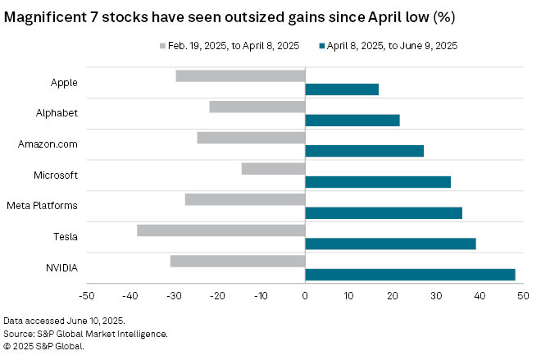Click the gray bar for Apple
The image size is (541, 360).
point(240,76)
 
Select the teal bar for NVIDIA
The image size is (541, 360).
point(410,275)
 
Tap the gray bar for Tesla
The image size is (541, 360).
point(221,230)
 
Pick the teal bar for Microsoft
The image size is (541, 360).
point(378,182)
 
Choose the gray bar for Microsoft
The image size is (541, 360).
point(273,169)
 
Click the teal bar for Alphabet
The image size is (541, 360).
point(352,121)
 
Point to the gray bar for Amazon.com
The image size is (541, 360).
point(251,138)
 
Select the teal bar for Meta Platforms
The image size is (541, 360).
point(384,213)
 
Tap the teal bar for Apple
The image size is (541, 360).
point(342,89)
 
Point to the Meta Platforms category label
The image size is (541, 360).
point(42,206)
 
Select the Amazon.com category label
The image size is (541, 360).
point(48,144)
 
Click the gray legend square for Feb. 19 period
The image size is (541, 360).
point(162,47)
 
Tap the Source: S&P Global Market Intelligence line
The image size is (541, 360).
point(86,334)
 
